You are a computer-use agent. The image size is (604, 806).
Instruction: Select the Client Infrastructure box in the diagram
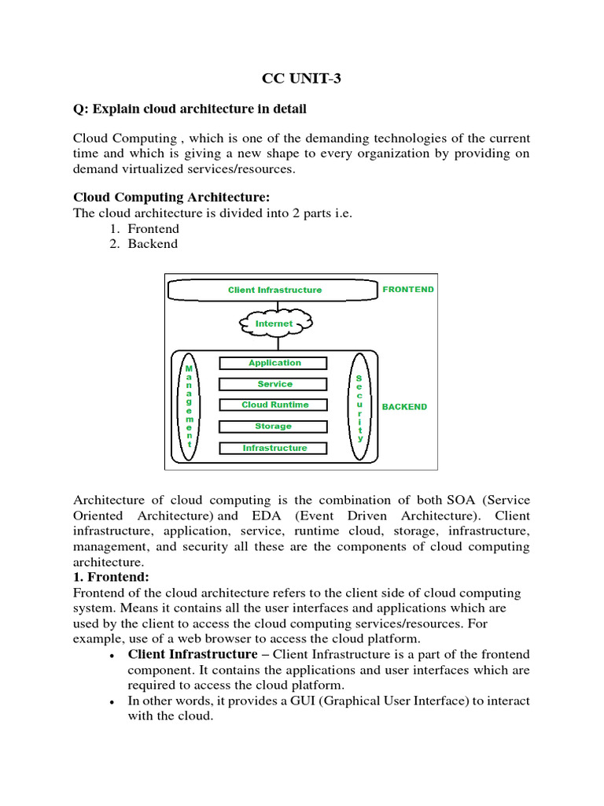(274, 290)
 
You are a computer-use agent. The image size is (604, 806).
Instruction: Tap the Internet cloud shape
(274, 324)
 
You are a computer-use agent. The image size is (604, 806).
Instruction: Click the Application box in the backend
(274, 363)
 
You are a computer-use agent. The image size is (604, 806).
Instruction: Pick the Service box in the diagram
(274, 384)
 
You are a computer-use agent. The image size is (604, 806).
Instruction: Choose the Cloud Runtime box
(274, 405)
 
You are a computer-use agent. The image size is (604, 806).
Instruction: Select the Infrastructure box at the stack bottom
(274, 448)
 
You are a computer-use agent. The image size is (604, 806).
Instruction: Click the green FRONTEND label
(407, 289)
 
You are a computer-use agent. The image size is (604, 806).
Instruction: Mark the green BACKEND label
(404, 407)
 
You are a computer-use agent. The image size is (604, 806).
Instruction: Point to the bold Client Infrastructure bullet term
(192, 654)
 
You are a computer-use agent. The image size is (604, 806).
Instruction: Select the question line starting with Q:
(190, 108)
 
